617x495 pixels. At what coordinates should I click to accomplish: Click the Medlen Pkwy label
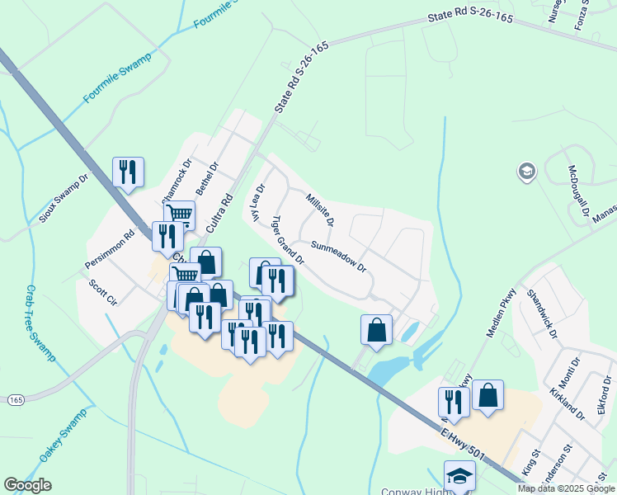tap(502, 312)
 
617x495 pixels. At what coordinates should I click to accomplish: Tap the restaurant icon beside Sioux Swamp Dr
tap(127, 172)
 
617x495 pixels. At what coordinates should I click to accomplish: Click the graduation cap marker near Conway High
tap(459, 475)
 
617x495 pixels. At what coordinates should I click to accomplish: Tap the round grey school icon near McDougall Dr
tap(525, 172)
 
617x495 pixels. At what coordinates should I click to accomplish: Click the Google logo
tap(27, 485)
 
